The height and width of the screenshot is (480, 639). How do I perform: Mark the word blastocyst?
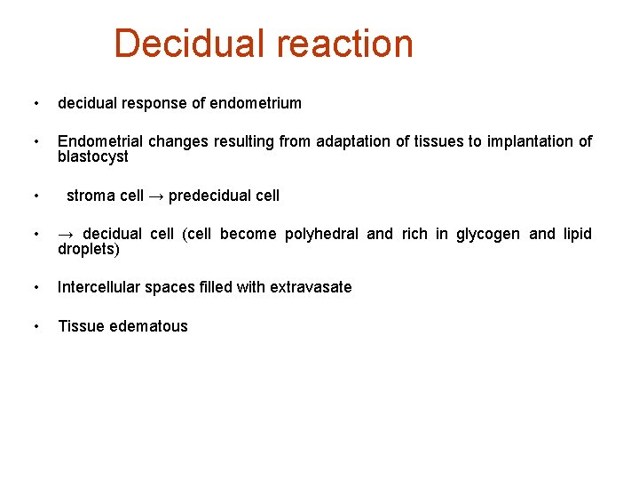93,157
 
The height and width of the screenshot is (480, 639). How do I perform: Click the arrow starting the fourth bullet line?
67,235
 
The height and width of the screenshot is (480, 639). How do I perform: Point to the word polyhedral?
320,235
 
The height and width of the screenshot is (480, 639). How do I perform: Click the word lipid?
578,235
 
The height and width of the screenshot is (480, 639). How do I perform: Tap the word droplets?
88,250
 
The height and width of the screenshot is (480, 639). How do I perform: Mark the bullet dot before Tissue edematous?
35,326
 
